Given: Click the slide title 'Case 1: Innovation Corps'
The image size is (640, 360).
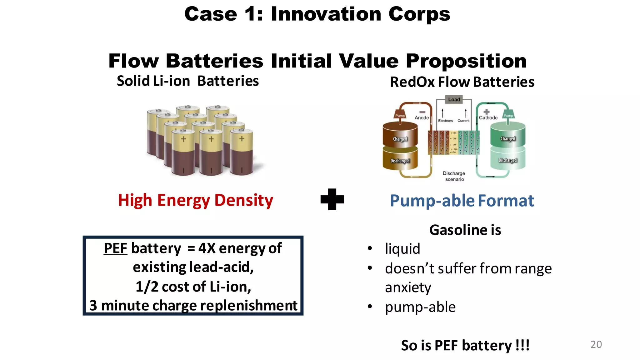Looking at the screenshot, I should click(x=317, y=14).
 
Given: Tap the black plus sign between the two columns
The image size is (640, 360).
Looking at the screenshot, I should click(x=332, y=199).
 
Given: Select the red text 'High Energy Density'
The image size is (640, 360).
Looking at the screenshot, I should click(x=195, y=200).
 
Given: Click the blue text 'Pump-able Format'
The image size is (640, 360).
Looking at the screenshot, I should click(x=462, y=201).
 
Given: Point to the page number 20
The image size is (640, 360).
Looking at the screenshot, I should click(x=596, y=344).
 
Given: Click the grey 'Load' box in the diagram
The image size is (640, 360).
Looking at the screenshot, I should click(x=454, y=100).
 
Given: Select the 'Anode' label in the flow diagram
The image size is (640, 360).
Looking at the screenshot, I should click(x=422, y=118).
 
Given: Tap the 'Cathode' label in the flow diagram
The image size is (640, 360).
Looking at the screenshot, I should click(x=488, y=118).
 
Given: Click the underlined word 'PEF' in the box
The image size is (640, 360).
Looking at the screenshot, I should click(x=115, y=248).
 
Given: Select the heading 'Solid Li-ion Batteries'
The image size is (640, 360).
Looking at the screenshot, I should click(x=188, y=81).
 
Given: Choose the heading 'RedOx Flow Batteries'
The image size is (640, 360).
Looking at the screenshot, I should click(x=462, y=82).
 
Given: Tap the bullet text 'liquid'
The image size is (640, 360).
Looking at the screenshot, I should click(x=402, y=249).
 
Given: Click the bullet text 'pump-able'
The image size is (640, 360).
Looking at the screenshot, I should click(x=420, y=307).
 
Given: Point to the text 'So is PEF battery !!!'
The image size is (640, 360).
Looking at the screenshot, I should click(x=465, y=346).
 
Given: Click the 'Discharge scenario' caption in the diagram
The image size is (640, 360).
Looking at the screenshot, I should click(x=454, y=176).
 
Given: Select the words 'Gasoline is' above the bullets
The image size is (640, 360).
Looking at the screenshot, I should click(x=465, y=230).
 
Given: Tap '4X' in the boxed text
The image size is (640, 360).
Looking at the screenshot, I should click(x=207, y=248).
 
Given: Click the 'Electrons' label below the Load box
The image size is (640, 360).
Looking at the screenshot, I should click(x=445, y=121).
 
